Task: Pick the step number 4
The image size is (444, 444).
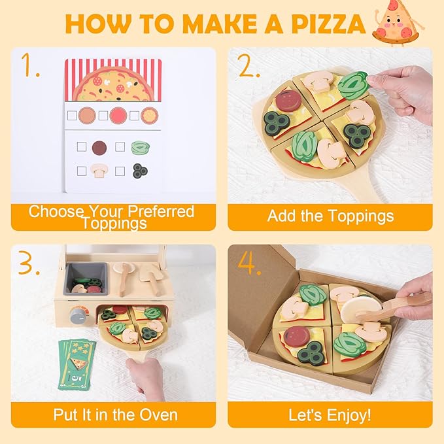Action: pos(246,263)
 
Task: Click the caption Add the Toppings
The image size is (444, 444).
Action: pos(330,216)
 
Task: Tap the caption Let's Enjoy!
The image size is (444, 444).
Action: pos(330,415)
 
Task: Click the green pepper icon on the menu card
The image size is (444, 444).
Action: pos(139,148)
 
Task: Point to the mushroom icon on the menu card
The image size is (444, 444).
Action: pos(99,171)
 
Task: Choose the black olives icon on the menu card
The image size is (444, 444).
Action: pos(139,171)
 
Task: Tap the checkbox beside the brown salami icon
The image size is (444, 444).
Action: pos(82,147)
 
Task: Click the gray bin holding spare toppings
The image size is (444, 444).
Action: pos(86,278)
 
